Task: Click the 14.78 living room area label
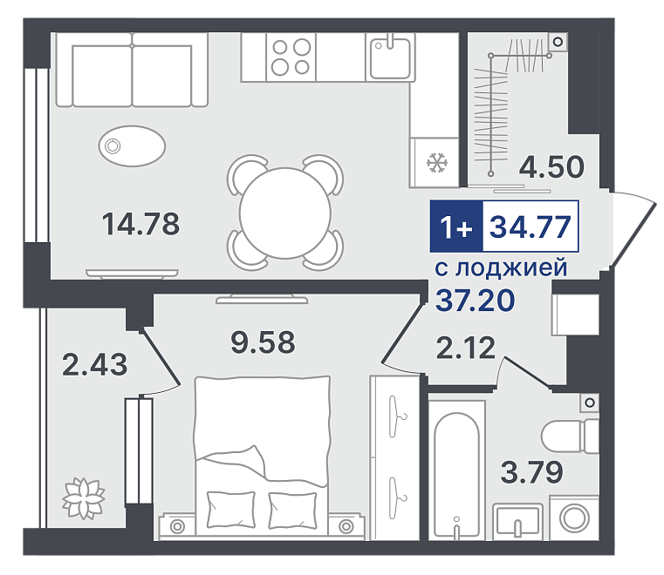point(141,224)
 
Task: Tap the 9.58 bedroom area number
point(263,342)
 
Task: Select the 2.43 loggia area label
point(94,364)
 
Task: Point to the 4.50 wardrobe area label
point(551,167)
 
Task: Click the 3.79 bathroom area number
point(532,472)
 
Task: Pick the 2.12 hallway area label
point(465,348)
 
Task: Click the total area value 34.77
point(531,227)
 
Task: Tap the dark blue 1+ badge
point(456,227)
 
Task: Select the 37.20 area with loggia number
point(476,301)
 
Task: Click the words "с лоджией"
point(501,268)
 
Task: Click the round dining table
point(285,213)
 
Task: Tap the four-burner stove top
point(291,57)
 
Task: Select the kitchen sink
point(390,57)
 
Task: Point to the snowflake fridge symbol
point(437,162)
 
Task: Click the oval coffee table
point(132,145)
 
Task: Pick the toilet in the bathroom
point(570,436)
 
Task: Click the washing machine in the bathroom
point(574,517)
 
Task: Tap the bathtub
point(457,470)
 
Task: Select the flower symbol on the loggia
point(84,498)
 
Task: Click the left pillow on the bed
point(231,510)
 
